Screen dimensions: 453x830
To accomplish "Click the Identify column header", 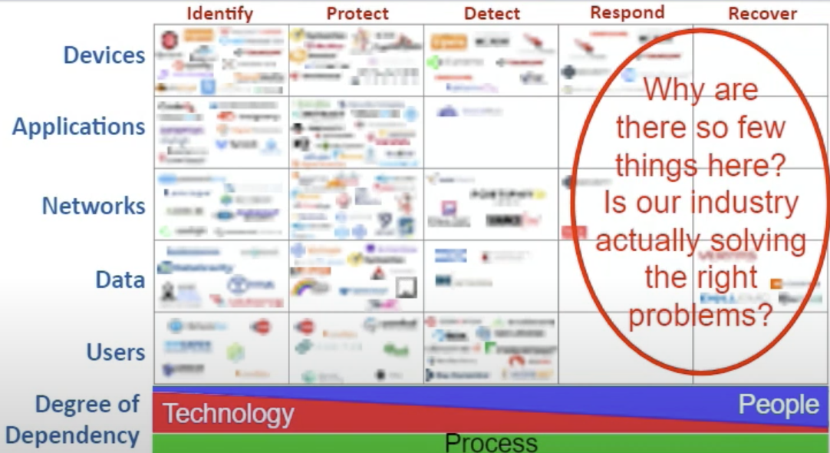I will click(219, 13).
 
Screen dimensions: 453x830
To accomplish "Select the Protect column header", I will click(357, 13).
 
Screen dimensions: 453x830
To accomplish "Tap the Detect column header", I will click(492, 13).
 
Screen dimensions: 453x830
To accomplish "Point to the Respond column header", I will click(627, 12).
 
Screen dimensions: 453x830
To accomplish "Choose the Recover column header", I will click(762, 13).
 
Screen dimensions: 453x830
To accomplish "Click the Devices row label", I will click(104, 55).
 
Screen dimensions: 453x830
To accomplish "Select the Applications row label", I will click(78, 127).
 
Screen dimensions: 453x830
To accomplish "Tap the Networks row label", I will click(93, 206).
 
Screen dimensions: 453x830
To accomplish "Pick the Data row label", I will click(120, 279).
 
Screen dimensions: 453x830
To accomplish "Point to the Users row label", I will click(114, 352).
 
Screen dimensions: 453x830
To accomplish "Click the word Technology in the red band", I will click(228, 415).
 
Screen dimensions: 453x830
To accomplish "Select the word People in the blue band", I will click(778, 405).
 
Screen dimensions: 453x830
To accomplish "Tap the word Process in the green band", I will click(491, 443).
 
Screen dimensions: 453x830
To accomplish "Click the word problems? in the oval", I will click(700, 315).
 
